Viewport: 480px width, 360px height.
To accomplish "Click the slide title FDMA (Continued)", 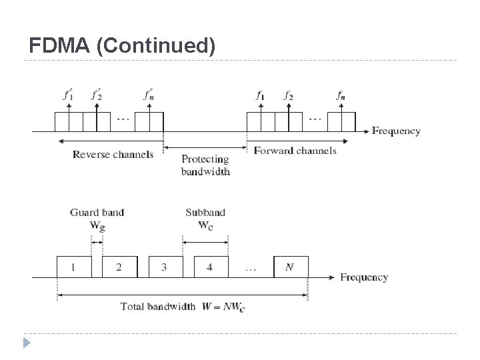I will click(123, 45).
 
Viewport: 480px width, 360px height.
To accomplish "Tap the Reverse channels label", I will click(113, 155).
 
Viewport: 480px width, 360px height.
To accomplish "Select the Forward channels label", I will click(295, 151).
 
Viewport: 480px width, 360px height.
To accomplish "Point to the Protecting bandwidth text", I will click(205, 165).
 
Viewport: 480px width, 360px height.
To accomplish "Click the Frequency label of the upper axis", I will click(396, 131).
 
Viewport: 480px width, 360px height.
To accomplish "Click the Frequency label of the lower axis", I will click(364, 277).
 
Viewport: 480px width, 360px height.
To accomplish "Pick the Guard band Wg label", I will click(97, 219).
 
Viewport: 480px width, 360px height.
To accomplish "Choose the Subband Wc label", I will click(205, 219).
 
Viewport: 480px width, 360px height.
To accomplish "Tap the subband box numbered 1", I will click(73, 267).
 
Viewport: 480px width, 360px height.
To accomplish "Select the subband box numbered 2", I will click(119, 267).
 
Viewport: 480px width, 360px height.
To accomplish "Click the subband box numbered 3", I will click(164, 267).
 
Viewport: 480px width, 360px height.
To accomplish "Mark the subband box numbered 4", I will click(210, 267).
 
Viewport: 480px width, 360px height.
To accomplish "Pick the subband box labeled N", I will click(291, 267).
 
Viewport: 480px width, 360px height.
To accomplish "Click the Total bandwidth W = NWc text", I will click(183, 307).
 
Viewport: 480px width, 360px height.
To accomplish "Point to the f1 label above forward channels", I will click(260, 95).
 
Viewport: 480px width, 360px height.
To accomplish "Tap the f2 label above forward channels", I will click(288, 95).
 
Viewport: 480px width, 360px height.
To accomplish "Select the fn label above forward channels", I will click(341, 95).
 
